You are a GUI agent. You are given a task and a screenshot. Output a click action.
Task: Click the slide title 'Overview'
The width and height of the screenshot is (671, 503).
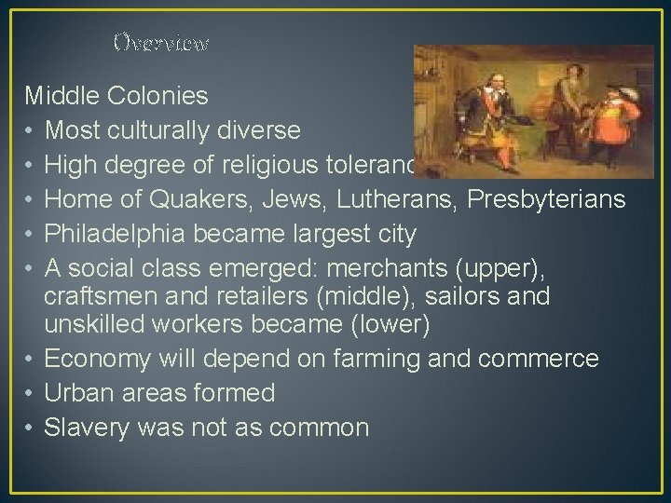click(x=160, y=43)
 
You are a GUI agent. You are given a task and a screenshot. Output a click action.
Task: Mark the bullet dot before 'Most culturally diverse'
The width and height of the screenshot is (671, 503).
click(x=31, y=129)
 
